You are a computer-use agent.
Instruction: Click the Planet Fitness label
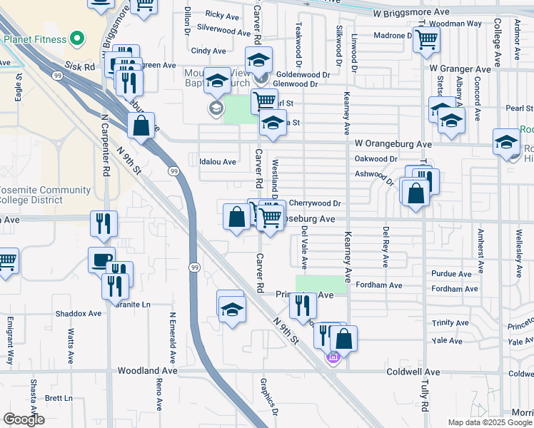click(x=34, y=40)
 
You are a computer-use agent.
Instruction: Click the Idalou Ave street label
click(x=218, y=162)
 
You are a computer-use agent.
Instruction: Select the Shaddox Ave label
click(x=79, y=313)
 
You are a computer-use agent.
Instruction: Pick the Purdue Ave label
click(x=451, y=274)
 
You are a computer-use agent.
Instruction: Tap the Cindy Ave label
click(x=208, y=51)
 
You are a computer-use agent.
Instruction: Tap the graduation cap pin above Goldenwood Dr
click(x=258, y=59)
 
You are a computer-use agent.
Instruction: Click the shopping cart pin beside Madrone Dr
click(x=426, y=41)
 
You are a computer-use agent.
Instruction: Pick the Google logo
click(x=24, y=419)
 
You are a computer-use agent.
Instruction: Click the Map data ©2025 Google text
click(x=489, y=422)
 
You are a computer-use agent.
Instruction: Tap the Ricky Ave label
click(x=221, y=14)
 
